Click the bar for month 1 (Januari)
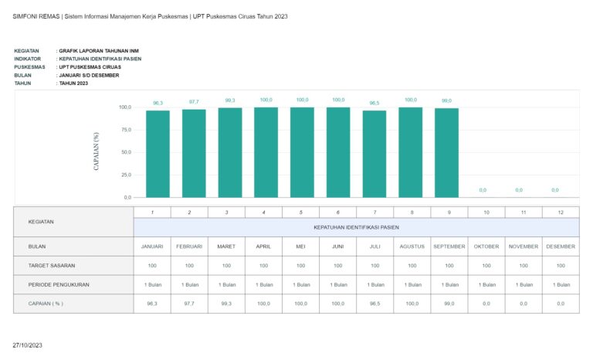158,154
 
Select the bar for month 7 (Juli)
374,154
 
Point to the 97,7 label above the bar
194,102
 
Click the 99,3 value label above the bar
230,100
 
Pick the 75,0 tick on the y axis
124,130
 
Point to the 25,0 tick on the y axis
124,175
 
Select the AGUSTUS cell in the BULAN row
412,246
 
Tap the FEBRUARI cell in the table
189,246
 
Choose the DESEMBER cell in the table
561,246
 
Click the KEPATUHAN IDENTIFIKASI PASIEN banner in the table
356,227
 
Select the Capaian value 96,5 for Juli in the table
374,304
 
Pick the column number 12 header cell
561,212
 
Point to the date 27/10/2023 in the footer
28,344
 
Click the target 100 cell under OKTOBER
486,265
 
